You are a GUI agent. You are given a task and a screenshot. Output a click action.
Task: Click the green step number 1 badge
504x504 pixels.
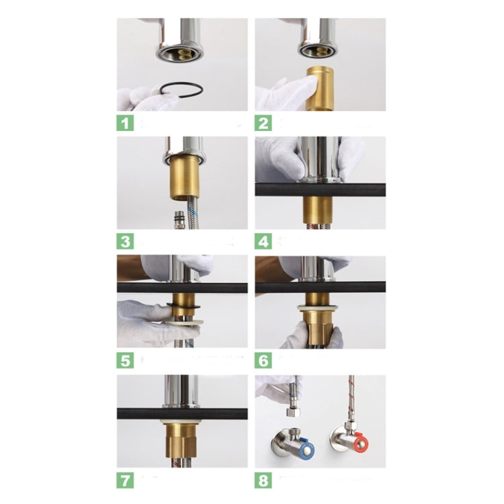point(126,123)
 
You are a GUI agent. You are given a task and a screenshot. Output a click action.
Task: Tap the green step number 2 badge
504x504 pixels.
point(264,123)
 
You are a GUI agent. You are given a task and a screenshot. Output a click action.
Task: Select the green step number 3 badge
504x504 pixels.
point(126,241)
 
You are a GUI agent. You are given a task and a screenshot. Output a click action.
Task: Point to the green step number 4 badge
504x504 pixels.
point(264,241)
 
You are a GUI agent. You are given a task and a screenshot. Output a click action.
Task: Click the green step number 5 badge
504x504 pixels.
point(126,360)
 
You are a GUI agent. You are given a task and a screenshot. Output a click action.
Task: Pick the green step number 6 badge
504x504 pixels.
point(264,360)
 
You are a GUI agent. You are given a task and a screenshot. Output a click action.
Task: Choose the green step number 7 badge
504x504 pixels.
point(126,480)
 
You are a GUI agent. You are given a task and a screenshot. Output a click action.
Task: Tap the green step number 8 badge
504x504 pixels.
point(264,480)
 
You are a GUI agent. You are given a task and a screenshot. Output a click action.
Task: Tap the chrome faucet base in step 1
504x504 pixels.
point(179,42)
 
